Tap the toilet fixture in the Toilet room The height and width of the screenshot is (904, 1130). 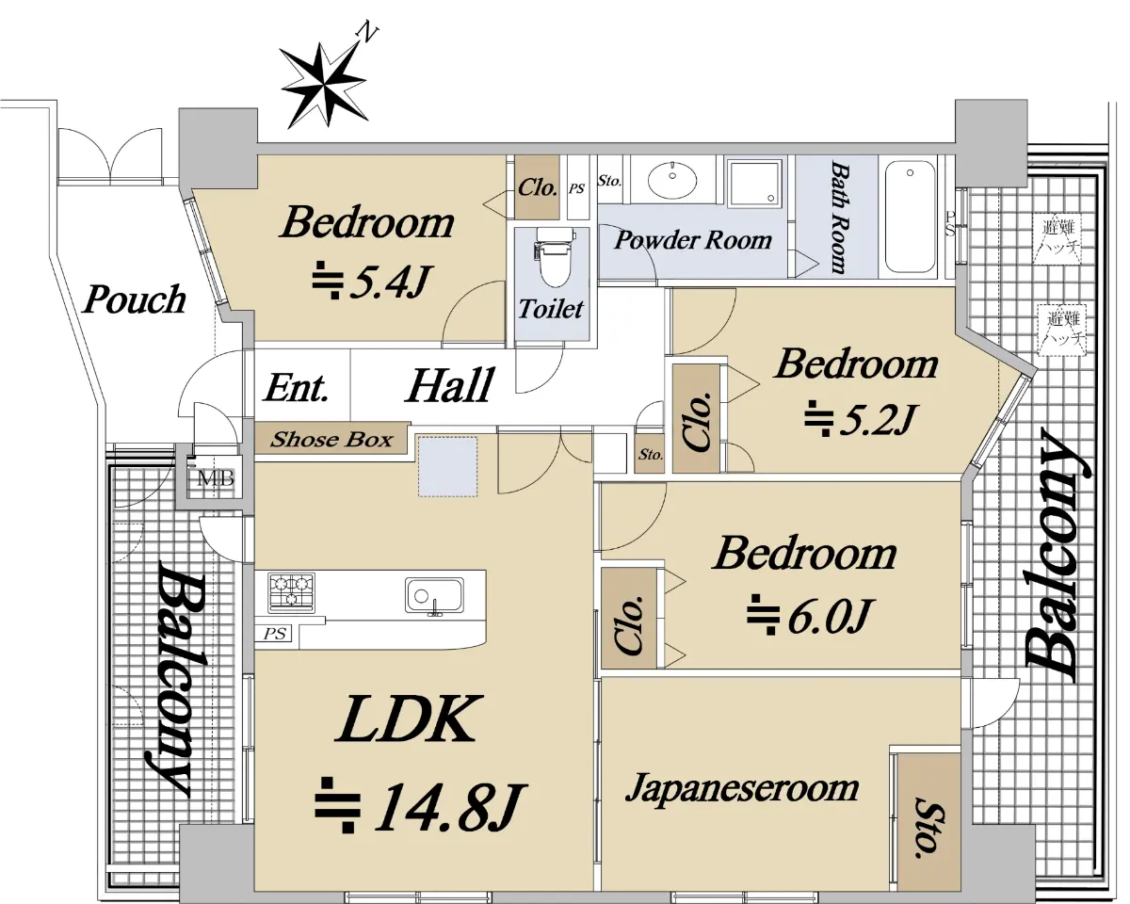(554, 257)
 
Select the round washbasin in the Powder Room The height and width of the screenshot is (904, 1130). (672, 180)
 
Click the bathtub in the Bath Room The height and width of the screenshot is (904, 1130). (910, 217)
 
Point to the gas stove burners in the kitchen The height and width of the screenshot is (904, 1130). (291, 593)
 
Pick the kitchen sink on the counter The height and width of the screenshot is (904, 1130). (434, 595)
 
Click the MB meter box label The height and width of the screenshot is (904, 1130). (216, 478)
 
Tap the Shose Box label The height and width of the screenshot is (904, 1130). (331, 439)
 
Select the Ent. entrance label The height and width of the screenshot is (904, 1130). (297, 388)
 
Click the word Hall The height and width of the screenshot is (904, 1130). (450, 385)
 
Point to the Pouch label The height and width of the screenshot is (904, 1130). (135, 299)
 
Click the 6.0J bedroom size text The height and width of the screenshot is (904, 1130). (809, 615)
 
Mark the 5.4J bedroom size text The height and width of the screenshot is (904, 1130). (372, 281)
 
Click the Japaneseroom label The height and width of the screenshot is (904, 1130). (742, 788)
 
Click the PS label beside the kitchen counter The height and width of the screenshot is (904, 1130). (275, 634)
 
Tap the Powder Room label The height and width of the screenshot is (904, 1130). (693, 240)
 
